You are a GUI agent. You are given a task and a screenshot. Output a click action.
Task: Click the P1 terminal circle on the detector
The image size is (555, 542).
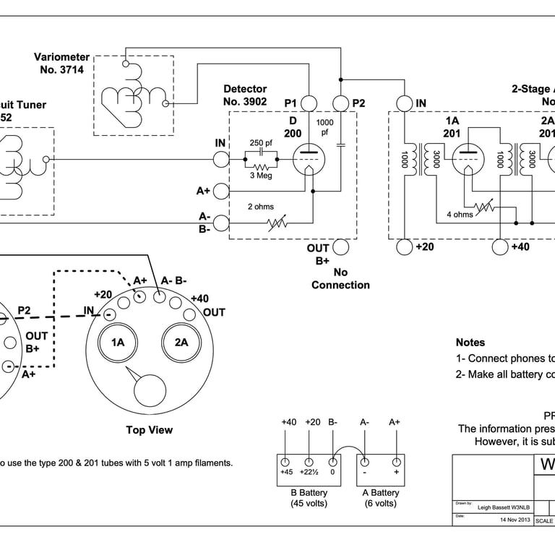coord(309,103)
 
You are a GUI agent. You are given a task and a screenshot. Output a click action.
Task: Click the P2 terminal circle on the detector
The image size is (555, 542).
coord(340,103)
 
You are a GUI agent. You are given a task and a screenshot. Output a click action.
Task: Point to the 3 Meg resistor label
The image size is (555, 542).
coord(260,176)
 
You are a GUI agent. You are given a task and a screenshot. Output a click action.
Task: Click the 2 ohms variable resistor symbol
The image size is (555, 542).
coord(277,223)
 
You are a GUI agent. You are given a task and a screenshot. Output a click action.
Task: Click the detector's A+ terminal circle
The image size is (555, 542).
coord(221,191)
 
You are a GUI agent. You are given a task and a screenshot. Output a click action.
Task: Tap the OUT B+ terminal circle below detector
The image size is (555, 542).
coord(340,247)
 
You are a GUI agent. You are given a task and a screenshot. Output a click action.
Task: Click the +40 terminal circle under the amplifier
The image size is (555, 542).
coord(500,247)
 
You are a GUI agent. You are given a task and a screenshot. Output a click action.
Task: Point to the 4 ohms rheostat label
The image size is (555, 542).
coord(460,215)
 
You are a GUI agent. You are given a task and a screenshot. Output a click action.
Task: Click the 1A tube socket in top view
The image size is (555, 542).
coord(118,343)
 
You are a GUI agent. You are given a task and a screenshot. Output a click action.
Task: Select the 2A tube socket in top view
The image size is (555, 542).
coord(181,343)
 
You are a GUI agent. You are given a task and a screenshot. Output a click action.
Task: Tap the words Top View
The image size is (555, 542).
coord(149,430)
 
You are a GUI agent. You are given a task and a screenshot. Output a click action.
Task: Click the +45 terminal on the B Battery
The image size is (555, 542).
coord(285,463)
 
